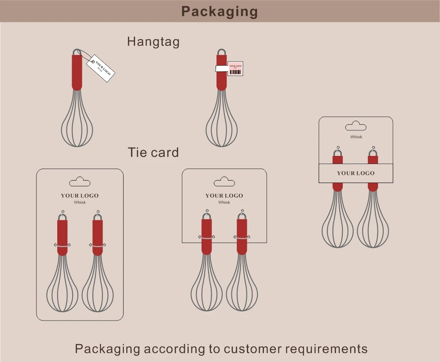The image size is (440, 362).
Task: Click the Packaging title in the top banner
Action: (219, 11)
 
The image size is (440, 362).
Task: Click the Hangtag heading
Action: (153, 41)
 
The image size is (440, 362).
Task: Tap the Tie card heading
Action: (153, 153)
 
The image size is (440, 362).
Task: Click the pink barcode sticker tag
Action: (235, 68)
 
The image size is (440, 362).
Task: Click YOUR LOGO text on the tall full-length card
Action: (80, 196)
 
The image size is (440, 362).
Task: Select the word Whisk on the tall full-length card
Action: (80, 203)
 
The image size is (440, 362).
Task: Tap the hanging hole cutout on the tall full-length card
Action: (80, 182)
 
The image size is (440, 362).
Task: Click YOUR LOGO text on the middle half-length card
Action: (224, 196)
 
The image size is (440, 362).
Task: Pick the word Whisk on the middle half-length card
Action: (224, 203)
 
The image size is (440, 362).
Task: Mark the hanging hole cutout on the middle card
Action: (224, 181)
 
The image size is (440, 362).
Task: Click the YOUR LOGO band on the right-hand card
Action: (356, 173)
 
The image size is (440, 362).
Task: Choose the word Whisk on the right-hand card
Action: (356, 137)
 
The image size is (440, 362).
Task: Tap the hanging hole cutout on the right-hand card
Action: (356, 126)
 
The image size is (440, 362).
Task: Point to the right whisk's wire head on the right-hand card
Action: (373, 225)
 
